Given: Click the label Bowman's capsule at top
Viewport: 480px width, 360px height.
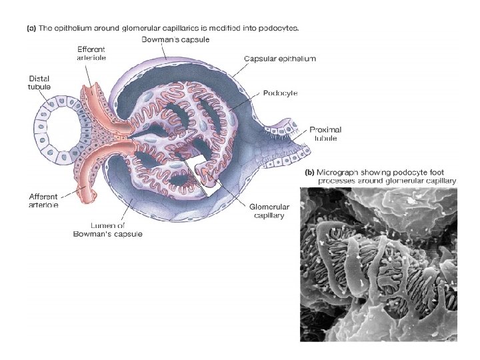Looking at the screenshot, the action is pyautogui.click(x=176, y=40).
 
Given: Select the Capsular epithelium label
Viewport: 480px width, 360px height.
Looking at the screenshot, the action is pyautogui.click(x=280, y=59).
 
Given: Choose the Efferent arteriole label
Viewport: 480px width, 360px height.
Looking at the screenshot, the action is pyautogui.click(x=91, y=53).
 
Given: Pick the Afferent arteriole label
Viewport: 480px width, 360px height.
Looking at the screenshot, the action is pyautogui.click(x=43, y=201).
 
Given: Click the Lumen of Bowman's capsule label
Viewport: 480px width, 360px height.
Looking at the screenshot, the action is pyautogui.click(x=108, y=229).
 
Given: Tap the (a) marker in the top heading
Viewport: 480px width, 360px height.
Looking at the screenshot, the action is pyautogui.click(x=31, y=29).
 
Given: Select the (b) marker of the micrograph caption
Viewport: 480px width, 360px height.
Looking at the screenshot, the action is pyautogui.click(x=310, y=172).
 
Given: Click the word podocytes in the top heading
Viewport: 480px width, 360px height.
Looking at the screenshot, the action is pyautogui.click(x=285, y=29).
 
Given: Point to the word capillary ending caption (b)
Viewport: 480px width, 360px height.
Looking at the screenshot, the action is pyautogui.click(x=439, y=181).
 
